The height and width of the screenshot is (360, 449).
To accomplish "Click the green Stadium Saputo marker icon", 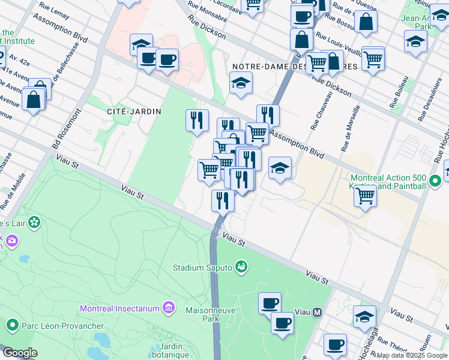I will point(241,266).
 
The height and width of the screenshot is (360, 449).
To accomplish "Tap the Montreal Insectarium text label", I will point(119,308).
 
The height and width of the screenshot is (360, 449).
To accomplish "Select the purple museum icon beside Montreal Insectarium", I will point(169,308).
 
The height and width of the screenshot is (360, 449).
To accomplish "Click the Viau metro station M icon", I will point(317,313).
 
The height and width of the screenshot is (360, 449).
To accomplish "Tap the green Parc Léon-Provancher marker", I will point(11,326).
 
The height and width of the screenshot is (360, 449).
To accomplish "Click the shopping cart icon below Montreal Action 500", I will point(365,195).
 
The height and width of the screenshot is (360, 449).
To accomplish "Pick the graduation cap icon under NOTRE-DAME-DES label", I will point(241,83).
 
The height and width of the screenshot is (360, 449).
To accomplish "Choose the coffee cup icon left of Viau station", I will point(270,302).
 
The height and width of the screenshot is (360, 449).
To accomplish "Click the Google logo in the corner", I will point(20,353).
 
